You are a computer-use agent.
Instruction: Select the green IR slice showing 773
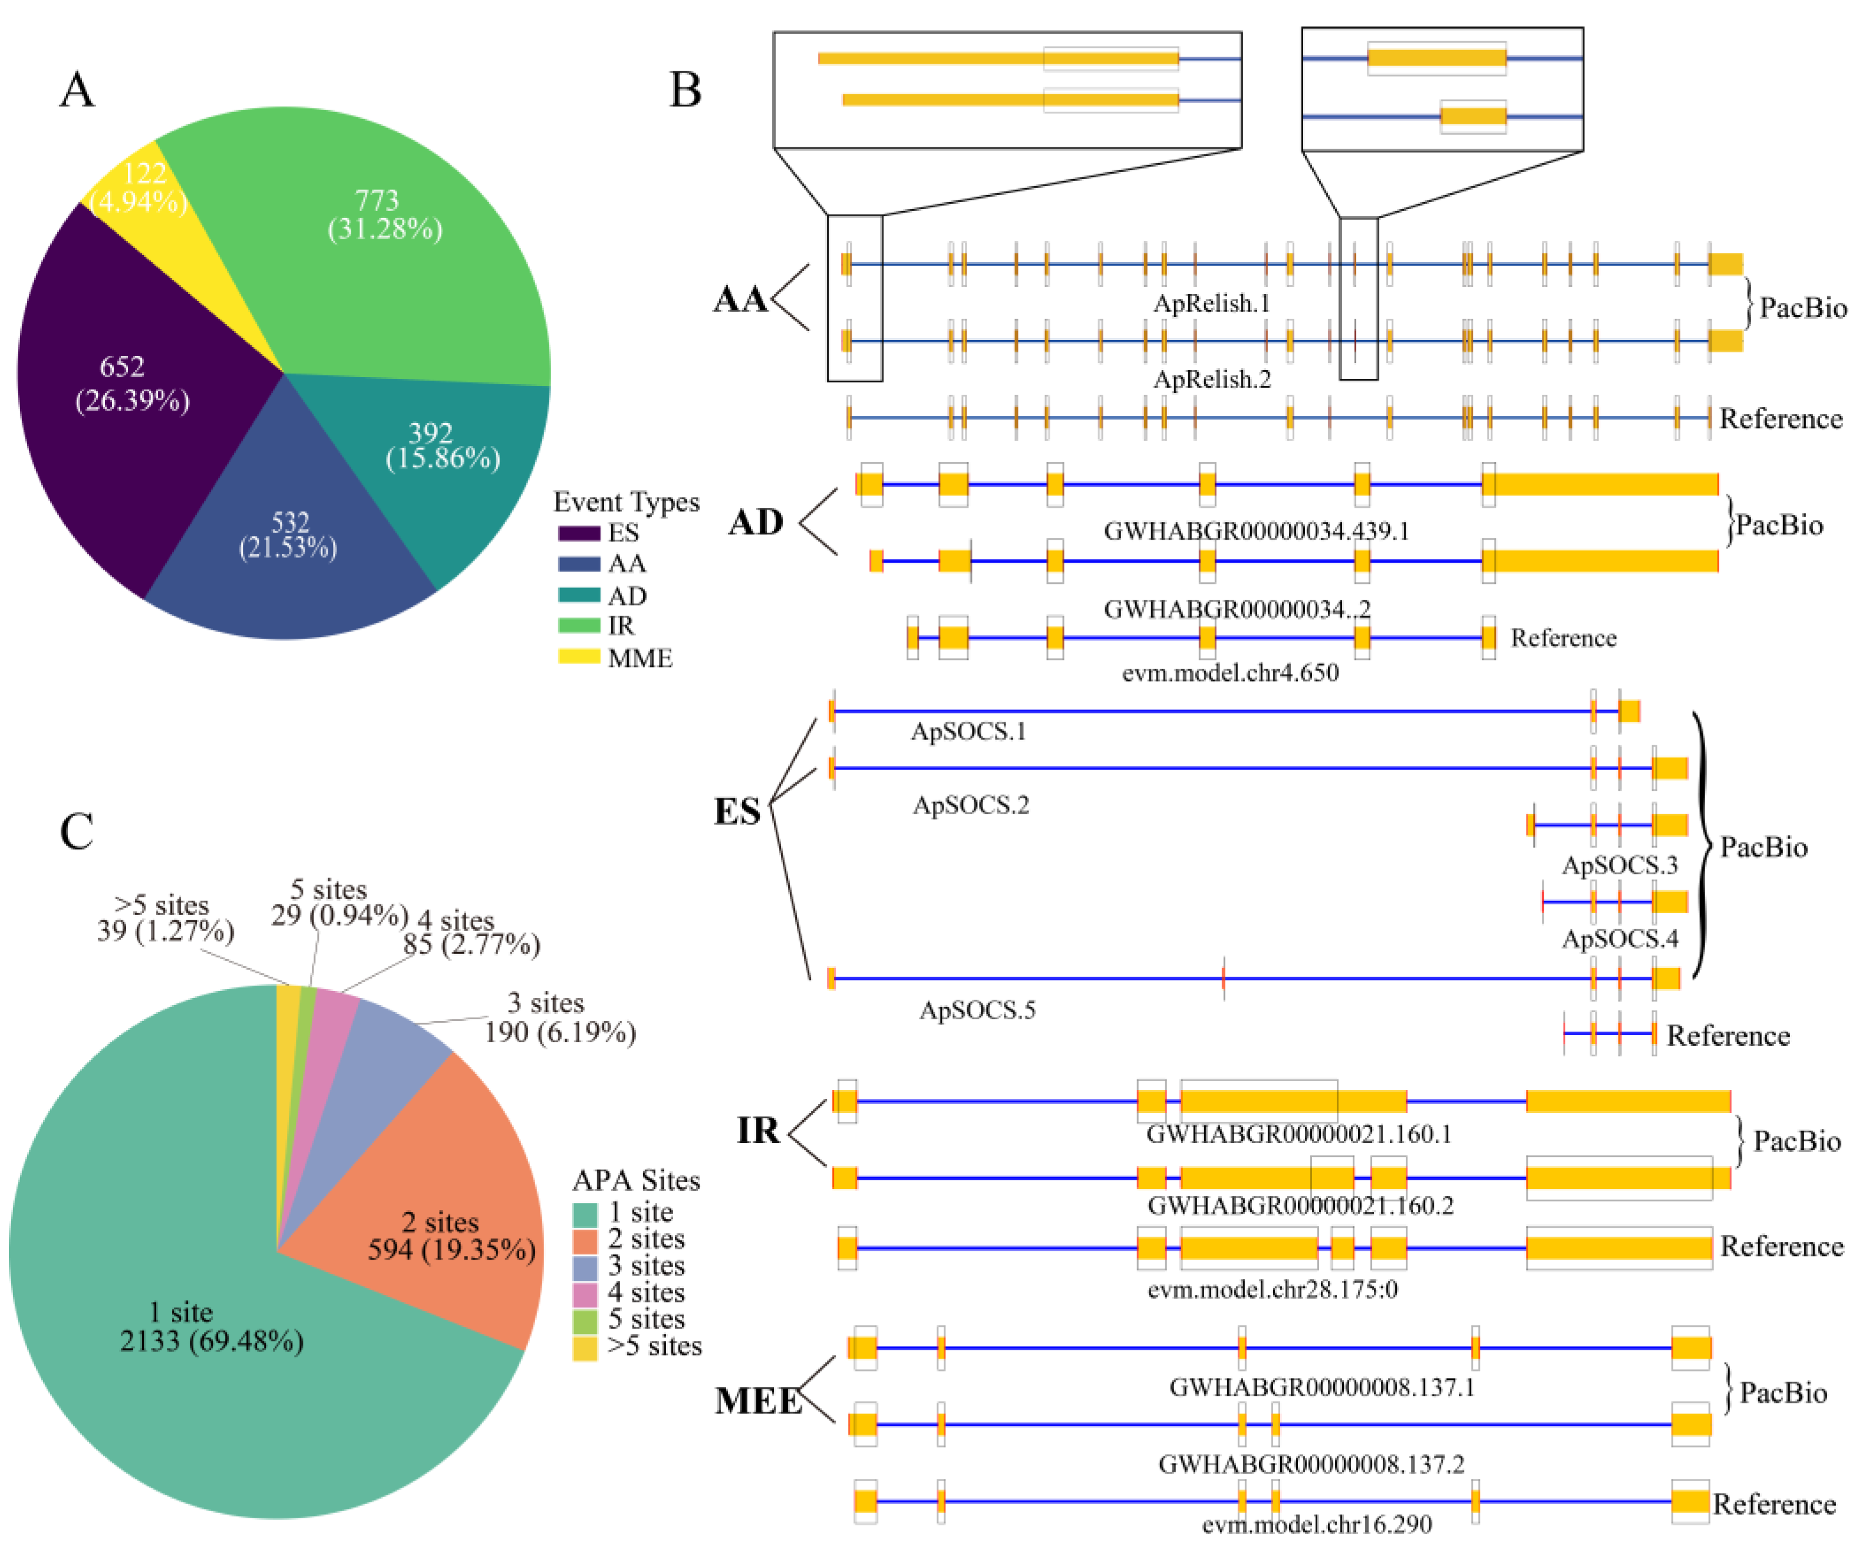click(390, 222)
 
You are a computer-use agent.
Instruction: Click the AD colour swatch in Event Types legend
click(578, 596)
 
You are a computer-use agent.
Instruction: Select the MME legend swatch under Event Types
click(578, 658)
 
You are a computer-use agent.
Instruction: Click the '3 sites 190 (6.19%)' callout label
click(558, 1018)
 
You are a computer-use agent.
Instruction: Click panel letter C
click(77, 832)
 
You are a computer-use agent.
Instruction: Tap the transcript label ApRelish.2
click(1212, 379)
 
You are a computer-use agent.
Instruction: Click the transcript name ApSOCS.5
click(977, 1010)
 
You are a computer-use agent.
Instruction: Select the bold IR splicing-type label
click(759, 1131)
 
